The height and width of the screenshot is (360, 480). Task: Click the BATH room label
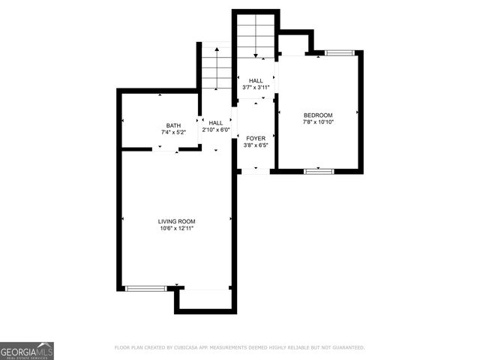(x=173, y=125)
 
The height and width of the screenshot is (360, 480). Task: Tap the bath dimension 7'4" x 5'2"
(x=173, y=133)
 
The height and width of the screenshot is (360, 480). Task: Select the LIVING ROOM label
(x=176, y=221)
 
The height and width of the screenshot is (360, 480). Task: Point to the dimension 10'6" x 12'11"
(x=176, y=229)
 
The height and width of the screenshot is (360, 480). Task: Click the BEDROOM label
(x=318, y=115)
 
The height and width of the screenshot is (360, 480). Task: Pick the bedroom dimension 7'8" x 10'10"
(x=318, y=122)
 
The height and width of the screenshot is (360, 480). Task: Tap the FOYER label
(x=255, y=138)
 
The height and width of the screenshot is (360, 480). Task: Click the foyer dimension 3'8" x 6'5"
(x=255, y=145)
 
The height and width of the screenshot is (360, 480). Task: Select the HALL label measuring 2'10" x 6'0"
(x=216, y=123)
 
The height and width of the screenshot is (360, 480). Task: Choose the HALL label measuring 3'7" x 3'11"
(x=256, y=80)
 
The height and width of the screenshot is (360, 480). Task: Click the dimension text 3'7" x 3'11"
(x=256, y=88)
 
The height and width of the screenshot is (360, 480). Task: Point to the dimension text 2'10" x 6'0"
(x=216, y=130)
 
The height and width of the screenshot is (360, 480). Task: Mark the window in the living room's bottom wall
(x=145, y=289)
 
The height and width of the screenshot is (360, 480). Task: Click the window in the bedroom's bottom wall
(x=319, y=172)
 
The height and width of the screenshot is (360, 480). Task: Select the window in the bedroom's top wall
(x=339, y=52)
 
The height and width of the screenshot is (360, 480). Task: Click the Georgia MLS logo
(x=27, y=350)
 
